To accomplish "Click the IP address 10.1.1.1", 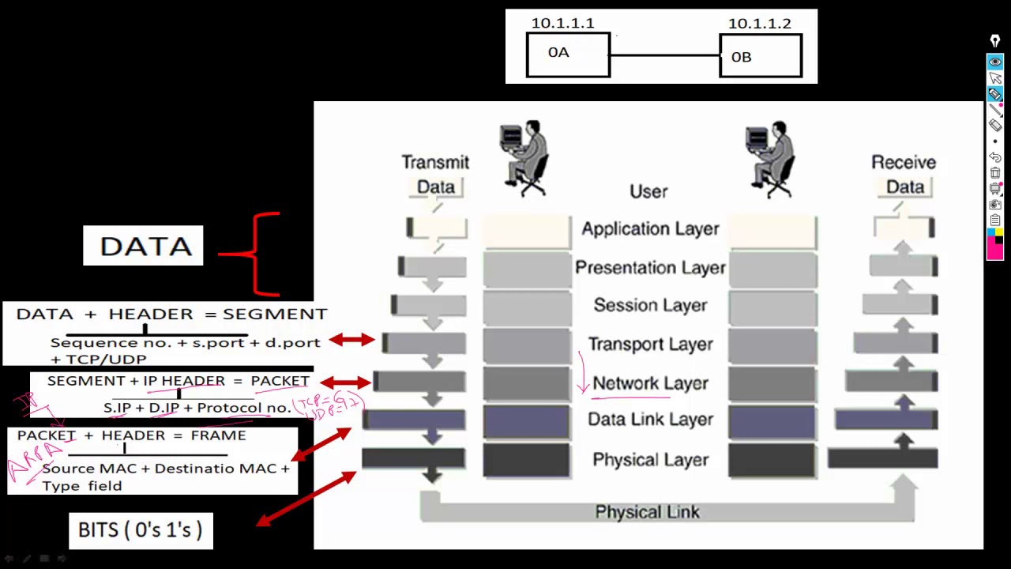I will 562,23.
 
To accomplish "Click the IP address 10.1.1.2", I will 759,23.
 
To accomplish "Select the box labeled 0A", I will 568,55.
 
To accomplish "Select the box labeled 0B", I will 761,56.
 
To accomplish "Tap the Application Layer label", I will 650,229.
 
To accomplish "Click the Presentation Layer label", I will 650,268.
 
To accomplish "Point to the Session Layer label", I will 650,306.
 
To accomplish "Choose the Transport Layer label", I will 650,345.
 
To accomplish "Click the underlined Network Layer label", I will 650,383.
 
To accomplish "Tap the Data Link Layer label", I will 650,420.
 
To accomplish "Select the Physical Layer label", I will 650,460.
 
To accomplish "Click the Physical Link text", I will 647,512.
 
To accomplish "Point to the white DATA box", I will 144,246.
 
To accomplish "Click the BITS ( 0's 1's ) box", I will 141,530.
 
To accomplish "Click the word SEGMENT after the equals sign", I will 275,314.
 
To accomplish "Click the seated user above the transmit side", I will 524,156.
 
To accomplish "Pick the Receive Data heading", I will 904,174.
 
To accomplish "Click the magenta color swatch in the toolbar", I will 994,251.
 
